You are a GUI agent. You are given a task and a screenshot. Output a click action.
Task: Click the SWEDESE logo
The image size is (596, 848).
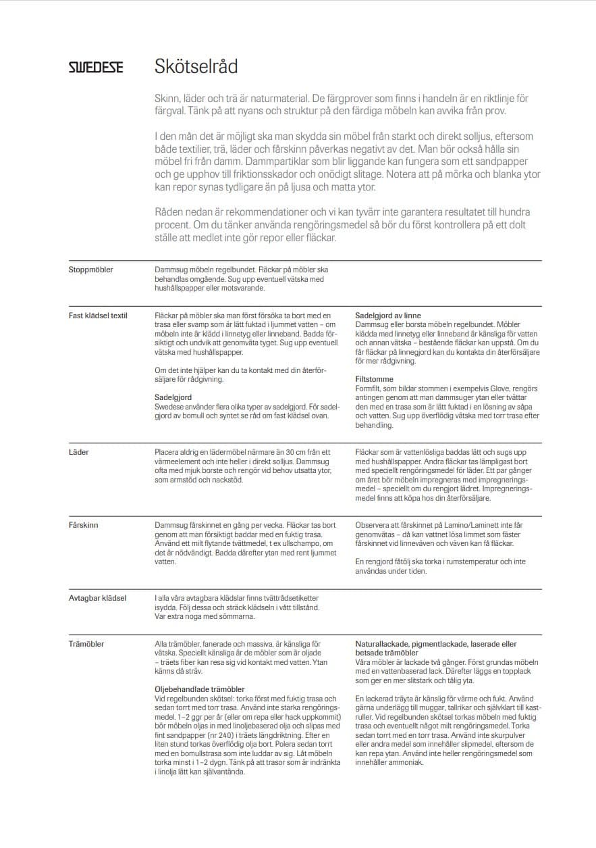95,68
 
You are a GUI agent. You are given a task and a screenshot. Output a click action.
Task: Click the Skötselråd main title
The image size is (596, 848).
196,67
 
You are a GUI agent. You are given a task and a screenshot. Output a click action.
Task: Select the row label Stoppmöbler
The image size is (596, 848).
90,270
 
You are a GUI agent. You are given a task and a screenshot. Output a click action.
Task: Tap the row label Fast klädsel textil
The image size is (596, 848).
98,316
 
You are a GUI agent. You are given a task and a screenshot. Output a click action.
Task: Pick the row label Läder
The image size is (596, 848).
79,452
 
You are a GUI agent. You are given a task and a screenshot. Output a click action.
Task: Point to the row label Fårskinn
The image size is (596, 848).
83,524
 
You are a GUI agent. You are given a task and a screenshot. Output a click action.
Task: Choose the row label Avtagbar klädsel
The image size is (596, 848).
97,598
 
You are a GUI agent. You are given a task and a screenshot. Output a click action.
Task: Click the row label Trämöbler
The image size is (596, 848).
86,644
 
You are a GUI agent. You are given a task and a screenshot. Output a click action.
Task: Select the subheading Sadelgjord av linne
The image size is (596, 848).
387,316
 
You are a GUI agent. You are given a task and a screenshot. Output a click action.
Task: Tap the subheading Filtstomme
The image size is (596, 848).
374,380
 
